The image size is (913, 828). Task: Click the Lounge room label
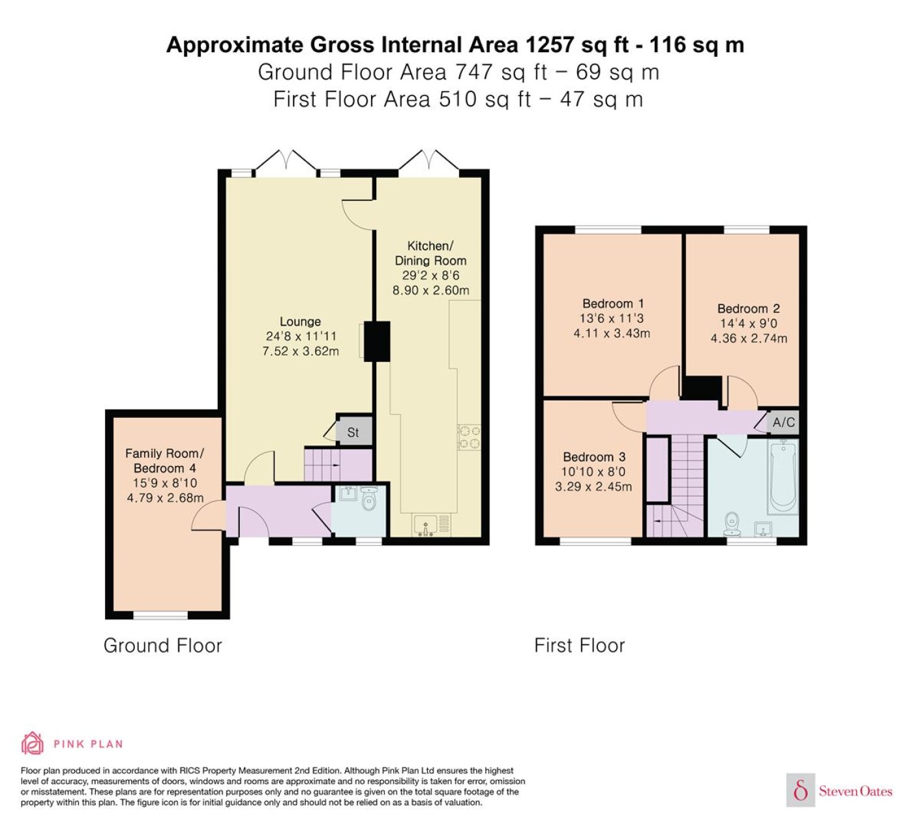(x=300, y=322)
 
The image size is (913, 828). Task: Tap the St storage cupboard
(x=354, y=432)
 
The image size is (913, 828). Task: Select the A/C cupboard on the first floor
(x=783, y=422)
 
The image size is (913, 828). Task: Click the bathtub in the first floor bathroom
(x=783, y=476)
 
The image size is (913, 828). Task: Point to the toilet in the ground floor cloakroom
(x=368, y=499)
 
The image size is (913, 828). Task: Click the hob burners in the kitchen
(x=469, y=437)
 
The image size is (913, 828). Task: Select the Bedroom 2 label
(x=749, y=308)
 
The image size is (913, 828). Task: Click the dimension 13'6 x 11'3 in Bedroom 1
(x=612, y=318)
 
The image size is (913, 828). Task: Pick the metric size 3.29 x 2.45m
(x=593, y=486)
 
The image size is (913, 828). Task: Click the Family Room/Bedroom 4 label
(x=165, y=461)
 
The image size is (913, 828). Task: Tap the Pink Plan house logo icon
(x=33, y=743)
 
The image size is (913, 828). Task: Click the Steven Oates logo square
(x=801, y=790)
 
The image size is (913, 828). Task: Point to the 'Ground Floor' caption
(x=162, y=645)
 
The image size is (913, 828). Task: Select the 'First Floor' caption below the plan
(x=579, y=645)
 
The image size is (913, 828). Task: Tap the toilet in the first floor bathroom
(x=732, y=524)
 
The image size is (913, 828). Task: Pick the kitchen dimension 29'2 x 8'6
(x=430, y=275)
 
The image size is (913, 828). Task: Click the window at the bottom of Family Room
(x=160, y=615)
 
